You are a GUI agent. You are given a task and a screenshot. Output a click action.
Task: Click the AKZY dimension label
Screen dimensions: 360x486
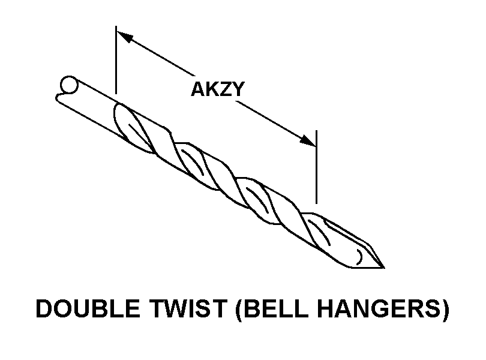[x=217, y=89]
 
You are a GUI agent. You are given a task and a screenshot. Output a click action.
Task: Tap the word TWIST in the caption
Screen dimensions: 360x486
[x=179, y=310]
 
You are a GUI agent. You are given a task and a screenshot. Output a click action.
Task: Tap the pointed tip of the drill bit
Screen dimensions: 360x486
[x=382, y=266]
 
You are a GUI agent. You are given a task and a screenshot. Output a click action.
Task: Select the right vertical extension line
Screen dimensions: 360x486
[x=316, y=168]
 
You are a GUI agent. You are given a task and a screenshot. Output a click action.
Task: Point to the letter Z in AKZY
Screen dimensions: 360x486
[x=224, y=89]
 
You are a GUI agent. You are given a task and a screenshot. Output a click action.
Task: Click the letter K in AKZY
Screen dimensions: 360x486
[x=211, y=89]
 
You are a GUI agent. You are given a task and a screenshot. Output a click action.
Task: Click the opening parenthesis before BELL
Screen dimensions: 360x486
[x=236, y=310]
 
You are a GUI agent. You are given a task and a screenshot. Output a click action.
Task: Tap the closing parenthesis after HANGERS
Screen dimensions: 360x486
[x=444, y=310]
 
